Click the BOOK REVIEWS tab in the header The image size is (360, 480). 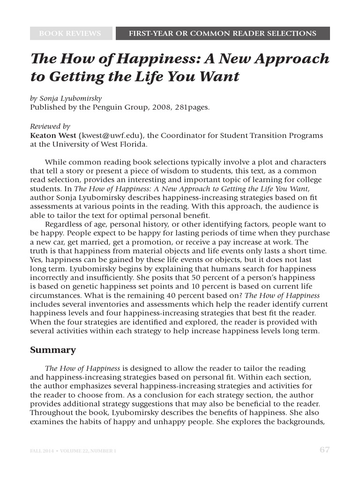coord(70,34)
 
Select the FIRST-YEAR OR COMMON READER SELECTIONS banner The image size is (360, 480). coord(223,34)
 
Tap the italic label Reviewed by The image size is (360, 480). coord(50,127)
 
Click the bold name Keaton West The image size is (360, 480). coord(53,135)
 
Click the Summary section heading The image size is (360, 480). coord(53,350)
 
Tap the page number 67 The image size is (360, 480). coord(324,450)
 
